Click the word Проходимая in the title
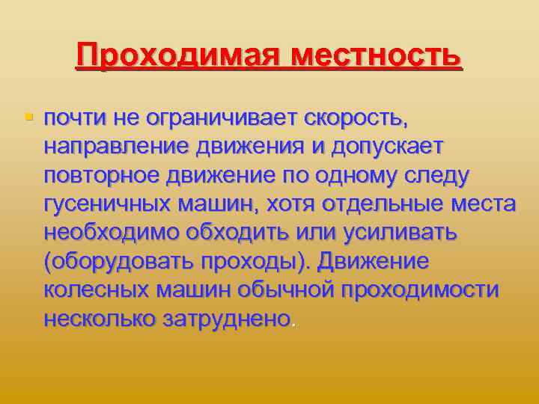pos(178,55)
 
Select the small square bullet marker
pos(29,117)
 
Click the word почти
pos(75,118)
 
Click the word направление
pos(116,147)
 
